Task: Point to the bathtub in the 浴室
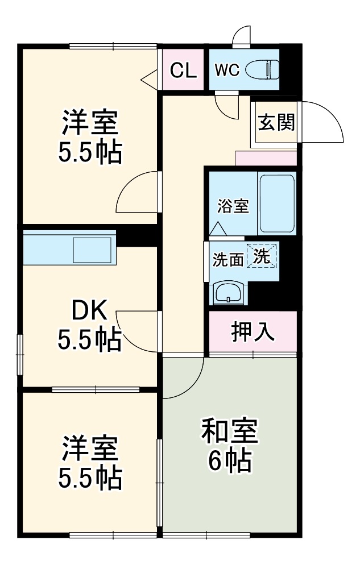pyautogui.click(x=277, y=203)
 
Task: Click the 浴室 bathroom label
pyautogui.click(x=233, y=206)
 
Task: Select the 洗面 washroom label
pyautogui.click(x=227, y=260)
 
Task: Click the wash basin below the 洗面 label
pyautogui.click(x=230, y=293)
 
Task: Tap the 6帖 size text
pyautogui.click(x=229, y=462)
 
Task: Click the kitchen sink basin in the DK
pyautogui.click(x=92, y=250)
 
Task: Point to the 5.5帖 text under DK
pyautogui.click(x=89, y=340)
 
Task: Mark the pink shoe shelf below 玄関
pyautogui.click(x=266, y=159)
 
